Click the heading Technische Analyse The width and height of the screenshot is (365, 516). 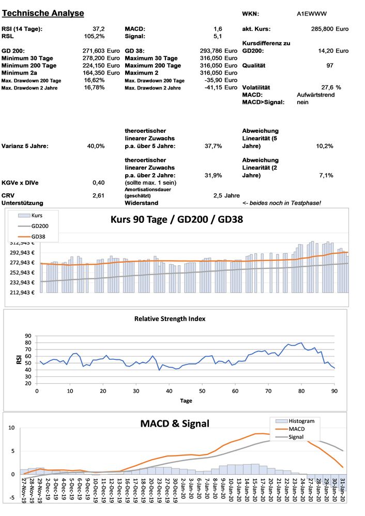[x=43, y=13]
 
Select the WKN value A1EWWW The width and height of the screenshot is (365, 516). [x=312, y=14]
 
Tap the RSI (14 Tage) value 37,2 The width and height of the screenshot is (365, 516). [x=99, y=29]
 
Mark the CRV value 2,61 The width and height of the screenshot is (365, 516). [x=98, y=195]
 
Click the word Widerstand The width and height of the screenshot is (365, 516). [x=141, y=203]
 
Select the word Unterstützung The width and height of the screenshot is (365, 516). [x=22, y=203]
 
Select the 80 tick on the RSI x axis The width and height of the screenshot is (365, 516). [x=301, y=391]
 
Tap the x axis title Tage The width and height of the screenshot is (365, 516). [x=186, y=401]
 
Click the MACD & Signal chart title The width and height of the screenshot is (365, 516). [x=175, y=424]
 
